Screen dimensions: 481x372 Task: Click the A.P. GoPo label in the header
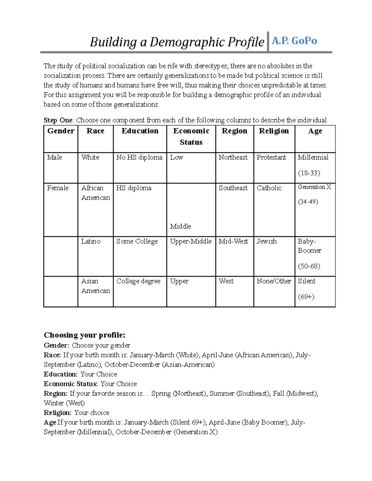click(x=294, y=41)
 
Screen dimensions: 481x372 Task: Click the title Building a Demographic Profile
click(x=177, y=42)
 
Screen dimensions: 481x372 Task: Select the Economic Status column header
click(x=191, y=137)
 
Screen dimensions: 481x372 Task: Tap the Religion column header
click(x=274, y=131)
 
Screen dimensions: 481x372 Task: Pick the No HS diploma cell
click(x=139, y=157)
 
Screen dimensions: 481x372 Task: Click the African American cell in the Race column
click(x=95, y=193)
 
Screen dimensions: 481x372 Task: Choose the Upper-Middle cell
click(x=191, y=241)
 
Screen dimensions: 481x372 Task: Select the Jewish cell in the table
click(x=267, y=241)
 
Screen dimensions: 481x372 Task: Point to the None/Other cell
click(x=274, y=281)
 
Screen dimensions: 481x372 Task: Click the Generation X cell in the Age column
click(x=314, y=187)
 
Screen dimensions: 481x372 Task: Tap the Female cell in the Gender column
click(x=58, y=188)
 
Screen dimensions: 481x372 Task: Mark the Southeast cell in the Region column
click(x=233, y=188)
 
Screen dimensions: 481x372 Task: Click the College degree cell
click(x=138, y=281)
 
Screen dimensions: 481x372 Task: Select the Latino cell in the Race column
click(x=91, y=241)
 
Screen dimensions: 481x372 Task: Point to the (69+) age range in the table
click(x=306, y=297)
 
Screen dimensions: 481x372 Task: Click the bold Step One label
click(x=58, y=120)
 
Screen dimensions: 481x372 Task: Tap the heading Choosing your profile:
click(x=84, y=335)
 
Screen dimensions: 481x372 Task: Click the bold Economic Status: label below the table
click(x=71, y=384)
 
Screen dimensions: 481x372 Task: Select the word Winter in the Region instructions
click(x=54, y=403)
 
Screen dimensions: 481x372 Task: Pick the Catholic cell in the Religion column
click(x=269, y=188)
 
